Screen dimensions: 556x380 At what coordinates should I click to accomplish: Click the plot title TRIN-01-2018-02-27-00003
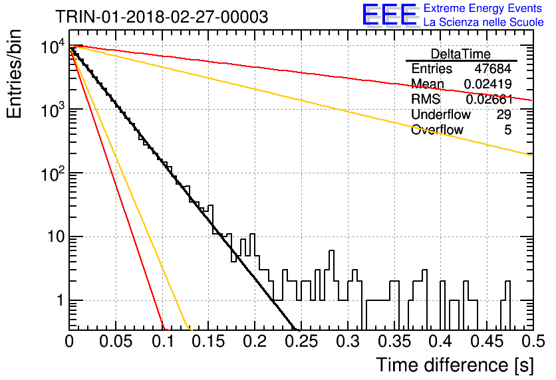point(162,17)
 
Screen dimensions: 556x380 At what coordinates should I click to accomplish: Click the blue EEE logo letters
point(390,15)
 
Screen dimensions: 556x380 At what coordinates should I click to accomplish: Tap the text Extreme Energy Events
point(483,8)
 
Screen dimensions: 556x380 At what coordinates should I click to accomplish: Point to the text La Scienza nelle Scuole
point(484,23)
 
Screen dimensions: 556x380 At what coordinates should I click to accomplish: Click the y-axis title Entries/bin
point(15,74)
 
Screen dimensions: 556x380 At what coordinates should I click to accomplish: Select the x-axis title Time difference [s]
point(455,365)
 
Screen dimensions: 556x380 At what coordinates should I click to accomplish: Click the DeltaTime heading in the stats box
point(461,54)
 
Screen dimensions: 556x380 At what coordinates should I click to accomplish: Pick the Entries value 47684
point(493,68)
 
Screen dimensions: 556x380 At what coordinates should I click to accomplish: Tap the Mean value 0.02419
point(488,84)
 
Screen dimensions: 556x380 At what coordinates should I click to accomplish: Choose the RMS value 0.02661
point(489,100)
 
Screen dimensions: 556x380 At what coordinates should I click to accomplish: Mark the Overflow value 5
point(507,130)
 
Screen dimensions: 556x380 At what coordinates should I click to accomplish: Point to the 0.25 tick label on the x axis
point(301,341)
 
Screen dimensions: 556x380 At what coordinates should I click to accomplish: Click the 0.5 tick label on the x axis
point(533,341)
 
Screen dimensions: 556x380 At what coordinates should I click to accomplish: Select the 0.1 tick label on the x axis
point(162,341)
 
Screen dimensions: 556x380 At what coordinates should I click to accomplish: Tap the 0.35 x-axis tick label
point(394,341)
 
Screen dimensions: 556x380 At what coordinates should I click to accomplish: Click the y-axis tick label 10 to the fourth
point(53,46)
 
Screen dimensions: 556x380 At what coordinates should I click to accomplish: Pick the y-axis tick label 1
point(61,301)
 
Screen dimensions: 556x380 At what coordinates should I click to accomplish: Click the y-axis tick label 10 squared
point(53,174)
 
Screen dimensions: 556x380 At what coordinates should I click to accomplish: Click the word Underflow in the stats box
point(441,114)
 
